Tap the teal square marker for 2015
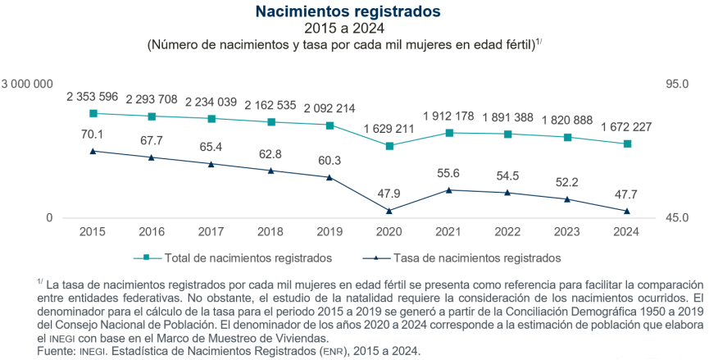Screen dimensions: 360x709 click(93, 113)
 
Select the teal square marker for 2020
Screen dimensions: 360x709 click(389, 146)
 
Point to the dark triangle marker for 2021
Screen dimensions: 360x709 click(449, 190)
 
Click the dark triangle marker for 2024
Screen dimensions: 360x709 click(627, 211)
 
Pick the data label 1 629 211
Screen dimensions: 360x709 click(389, 129)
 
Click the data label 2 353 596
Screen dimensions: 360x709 click(93, 96)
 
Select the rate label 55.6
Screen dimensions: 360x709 click(449, 173)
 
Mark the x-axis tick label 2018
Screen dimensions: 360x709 click(271, 232)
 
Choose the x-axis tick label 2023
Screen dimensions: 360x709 click(567, 232)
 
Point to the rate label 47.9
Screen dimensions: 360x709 click(389, 194)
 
